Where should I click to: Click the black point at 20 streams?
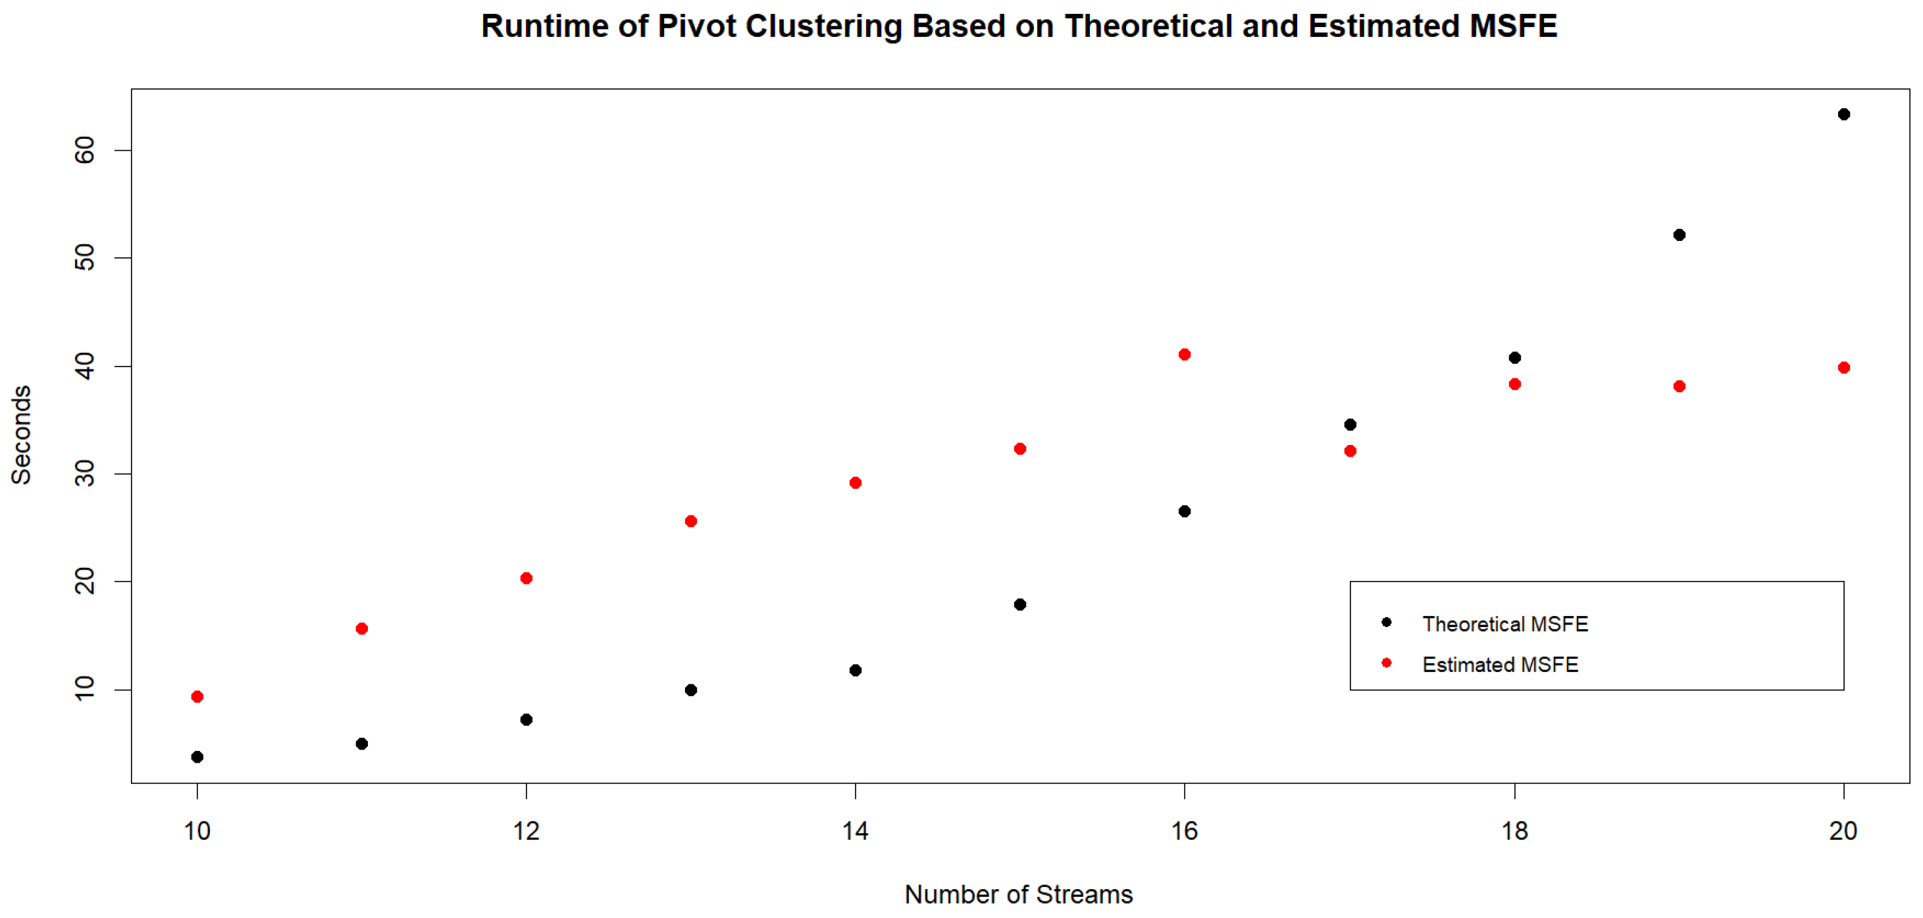point(1843,115)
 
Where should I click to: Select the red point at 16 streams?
point(1184,355)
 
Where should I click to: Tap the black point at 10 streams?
point(197,757)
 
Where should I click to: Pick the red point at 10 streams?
point(197,696)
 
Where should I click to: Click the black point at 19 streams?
point(1679,235)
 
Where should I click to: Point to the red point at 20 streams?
point(1843,367)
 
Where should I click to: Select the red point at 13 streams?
point(690,521)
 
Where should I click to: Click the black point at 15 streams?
point(1019,604)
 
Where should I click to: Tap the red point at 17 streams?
point(1350,451)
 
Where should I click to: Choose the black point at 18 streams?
point(1515,357)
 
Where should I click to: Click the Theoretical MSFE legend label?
point(1504,624)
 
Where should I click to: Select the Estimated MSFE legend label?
point(1500,664)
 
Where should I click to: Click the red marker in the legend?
point(1386,663)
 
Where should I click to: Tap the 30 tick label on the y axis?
point(85,474)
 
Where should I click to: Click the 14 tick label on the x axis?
point(855,830)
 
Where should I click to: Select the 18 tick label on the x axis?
point(1515,830)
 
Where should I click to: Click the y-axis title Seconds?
point(21,435)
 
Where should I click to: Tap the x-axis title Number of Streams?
point(1018,894)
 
